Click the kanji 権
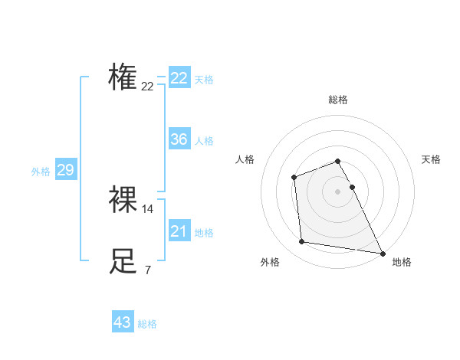point(123,77)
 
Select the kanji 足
point(123,260)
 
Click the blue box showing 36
point(179,139)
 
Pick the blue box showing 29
point(65,170)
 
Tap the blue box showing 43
point(123,322)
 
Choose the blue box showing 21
point(179,231)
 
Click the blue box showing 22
point(179,78)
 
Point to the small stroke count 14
point(148,208)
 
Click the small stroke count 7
point(147,270)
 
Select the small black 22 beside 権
point(147,87)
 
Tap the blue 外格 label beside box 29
point(41,172)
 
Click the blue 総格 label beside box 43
point(147,324)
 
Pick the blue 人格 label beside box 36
point(204,141)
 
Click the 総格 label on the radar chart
point(338,100)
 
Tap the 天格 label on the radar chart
point(431,159)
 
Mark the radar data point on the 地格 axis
point(381,253)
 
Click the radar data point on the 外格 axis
point(302,242)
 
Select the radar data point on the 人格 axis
point(294,178)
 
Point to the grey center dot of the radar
point(338,191)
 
